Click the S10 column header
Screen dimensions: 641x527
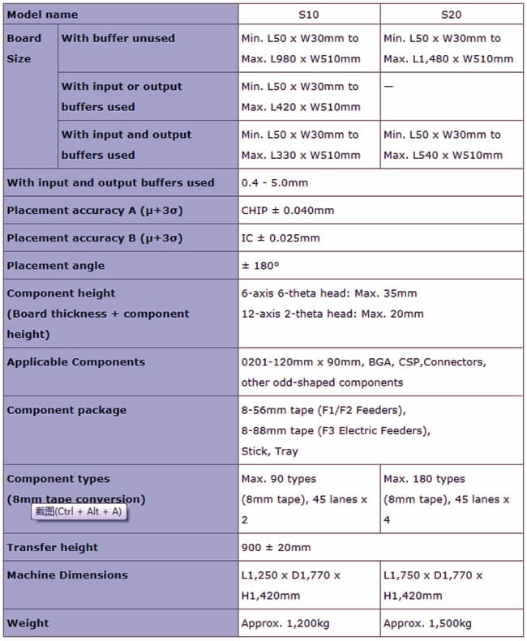310,15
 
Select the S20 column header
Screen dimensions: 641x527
452,15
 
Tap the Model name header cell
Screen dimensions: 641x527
43,15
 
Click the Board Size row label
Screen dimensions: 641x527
24,49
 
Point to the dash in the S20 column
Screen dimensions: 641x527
388,87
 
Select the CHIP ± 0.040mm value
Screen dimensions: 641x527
288,211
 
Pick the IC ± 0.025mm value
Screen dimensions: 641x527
281,238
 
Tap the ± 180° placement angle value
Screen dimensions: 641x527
261,266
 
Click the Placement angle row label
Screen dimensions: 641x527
56,266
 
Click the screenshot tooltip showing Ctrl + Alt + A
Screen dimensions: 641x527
80,511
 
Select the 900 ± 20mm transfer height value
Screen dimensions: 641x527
276,548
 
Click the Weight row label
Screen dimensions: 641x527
28,623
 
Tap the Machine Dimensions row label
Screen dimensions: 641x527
67,575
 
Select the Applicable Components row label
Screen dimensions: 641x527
76,362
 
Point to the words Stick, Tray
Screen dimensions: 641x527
270,451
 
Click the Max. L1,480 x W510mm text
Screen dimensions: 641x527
448,59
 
